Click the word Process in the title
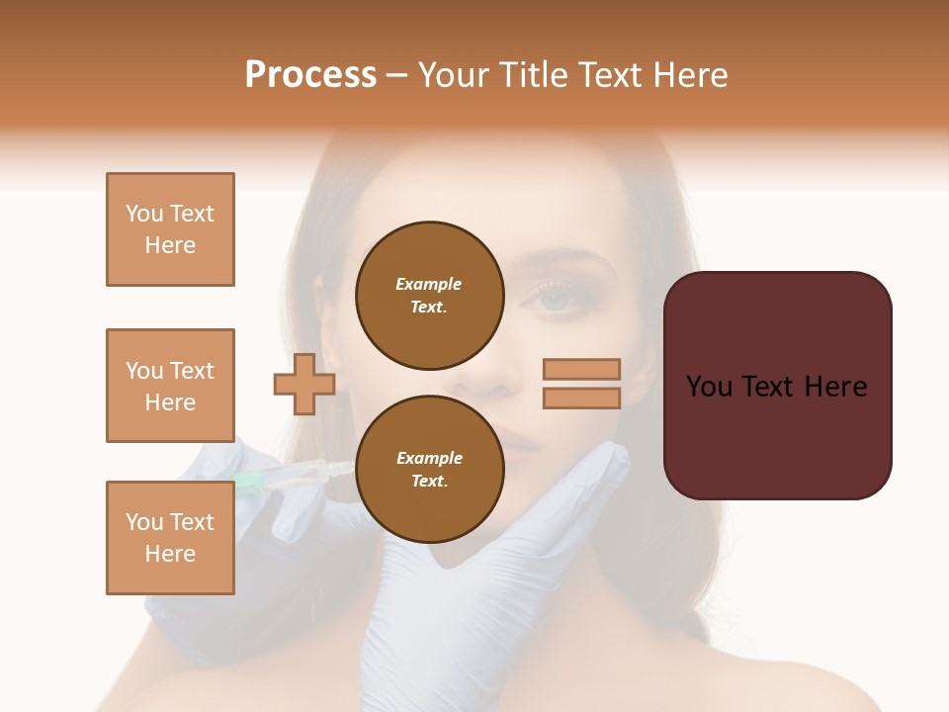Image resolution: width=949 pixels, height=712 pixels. [310, 75]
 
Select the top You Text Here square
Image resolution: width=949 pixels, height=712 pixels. [170, 229]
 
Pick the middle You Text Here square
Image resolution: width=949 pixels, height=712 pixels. [170, 386]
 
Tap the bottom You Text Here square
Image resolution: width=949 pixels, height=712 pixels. [170, 537]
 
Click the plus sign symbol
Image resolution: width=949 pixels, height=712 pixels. [304, 385]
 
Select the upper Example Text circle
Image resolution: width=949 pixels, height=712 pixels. [429, 296]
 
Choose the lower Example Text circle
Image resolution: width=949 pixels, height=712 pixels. [429, 470]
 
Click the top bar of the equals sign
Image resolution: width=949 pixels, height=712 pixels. [581, 369]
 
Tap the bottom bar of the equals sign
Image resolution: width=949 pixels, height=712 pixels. [581, 399]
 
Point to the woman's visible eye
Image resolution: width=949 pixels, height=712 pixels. [556, 298]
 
